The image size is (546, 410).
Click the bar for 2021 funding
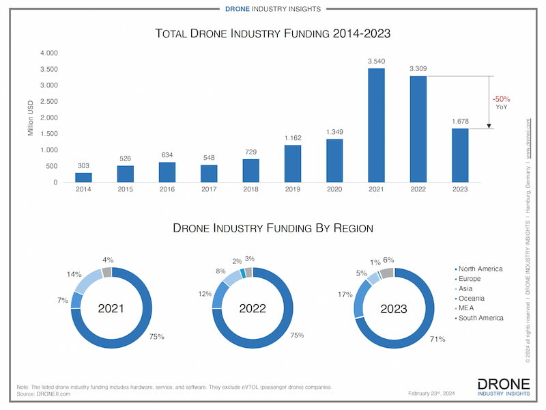pyautogui.click(x=376, y=126)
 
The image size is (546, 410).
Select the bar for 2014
pyautogui.click(x=83, y=178)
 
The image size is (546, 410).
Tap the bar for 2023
pyautogui.click(x=460, y=155)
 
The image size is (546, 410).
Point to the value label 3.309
pyautogui.click(x=418, y=69)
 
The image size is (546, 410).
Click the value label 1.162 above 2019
pyautogui.click(x=293, y=138)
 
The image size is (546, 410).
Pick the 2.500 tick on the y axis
pyautogui.click(x=48, y=101)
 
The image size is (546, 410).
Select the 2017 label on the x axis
pyautogui.click(x=209, y=189)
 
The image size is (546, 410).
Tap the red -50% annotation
pyautogui.click(x=502, y=98)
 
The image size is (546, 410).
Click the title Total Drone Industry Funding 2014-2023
pyautogui.click(x=272, y=33)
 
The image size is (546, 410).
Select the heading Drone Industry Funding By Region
pyautogui.click(x=272, y=228)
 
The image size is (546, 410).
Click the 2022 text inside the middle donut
pyautogui.click(x=253, y=308)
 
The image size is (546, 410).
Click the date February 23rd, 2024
pyautogui.click(x=431, y=394)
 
